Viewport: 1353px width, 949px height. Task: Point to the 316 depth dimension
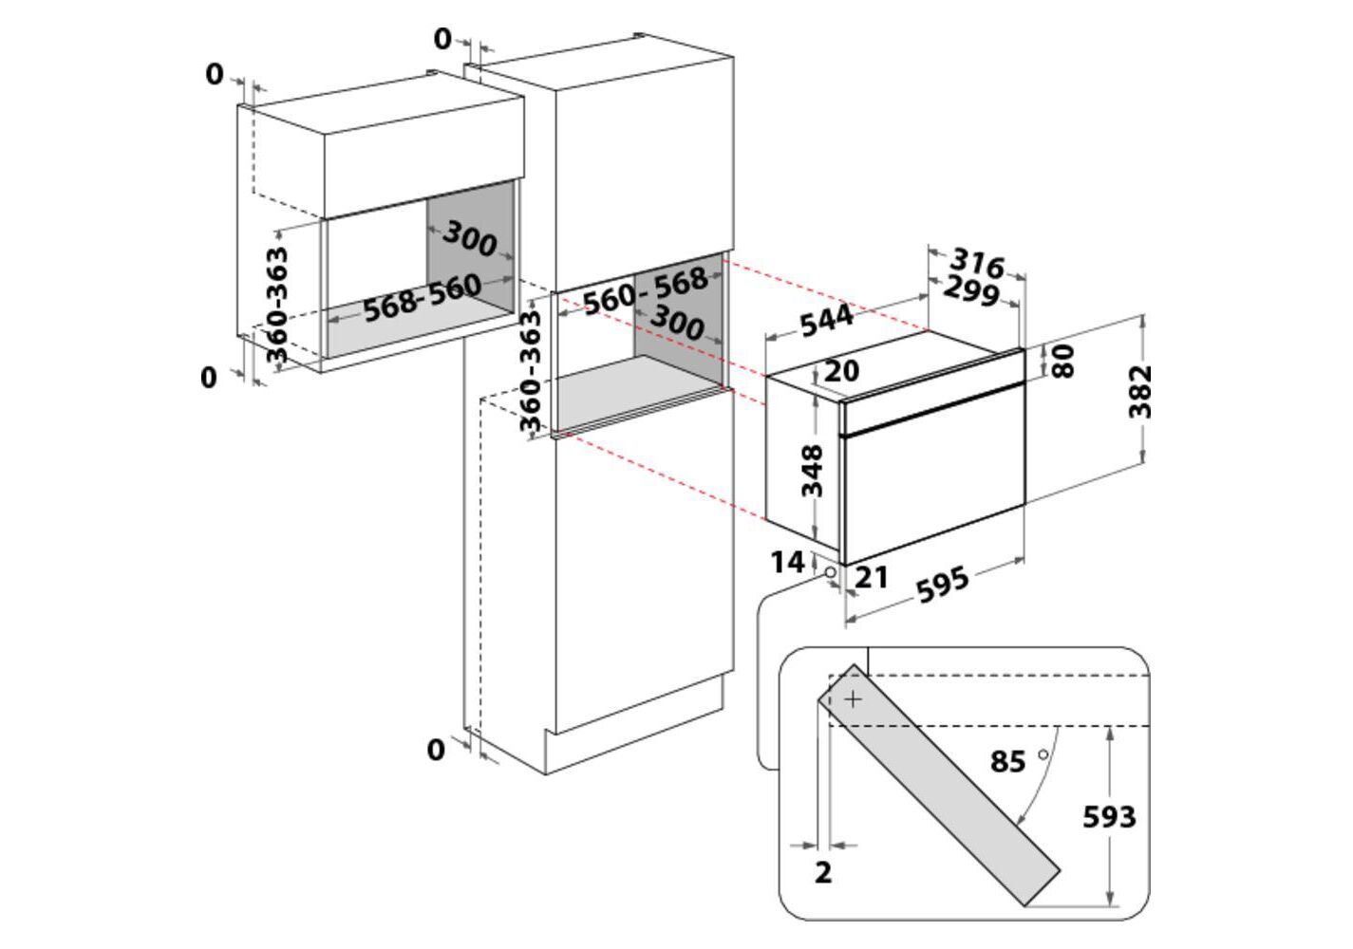point(977,262)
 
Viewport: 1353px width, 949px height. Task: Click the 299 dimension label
point(971,292)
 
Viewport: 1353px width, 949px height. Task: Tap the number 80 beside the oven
point(1063,361)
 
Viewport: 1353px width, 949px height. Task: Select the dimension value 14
point(787,562)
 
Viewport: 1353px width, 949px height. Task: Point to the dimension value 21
point(871,575)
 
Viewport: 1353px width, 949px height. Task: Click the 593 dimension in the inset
point(1109,816)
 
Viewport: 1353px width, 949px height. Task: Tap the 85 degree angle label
point(1008,761)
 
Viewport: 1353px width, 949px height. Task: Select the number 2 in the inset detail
point(823,872)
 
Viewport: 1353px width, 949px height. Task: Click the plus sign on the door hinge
point(854,699)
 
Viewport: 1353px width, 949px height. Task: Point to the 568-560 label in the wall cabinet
point(422,297)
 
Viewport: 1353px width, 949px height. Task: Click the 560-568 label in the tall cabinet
point(646,289)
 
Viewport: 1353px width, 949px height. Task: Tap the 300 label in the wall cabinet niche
point(470,238)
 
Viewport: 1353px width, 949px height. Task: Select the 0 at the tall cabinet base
point(436,750)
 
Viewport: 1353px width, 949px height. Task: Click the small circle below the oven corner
point(830,573)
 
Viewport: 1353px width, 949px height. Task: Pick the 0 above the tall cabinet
point(442,39)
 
